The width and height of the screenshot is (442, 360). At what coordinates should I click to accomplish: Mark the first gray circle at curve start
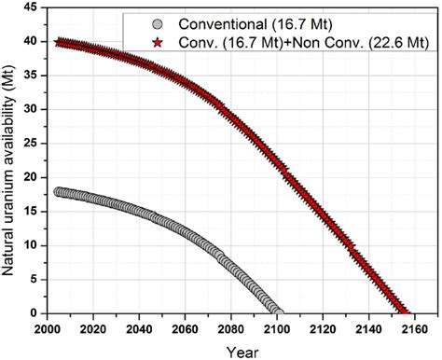point(60,192)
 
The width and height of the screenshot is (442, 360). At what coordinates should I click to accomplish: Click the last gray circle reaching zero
point(278,312)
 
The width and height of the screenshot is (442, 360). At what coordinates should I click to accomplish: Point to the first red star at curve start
point(60,43)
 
